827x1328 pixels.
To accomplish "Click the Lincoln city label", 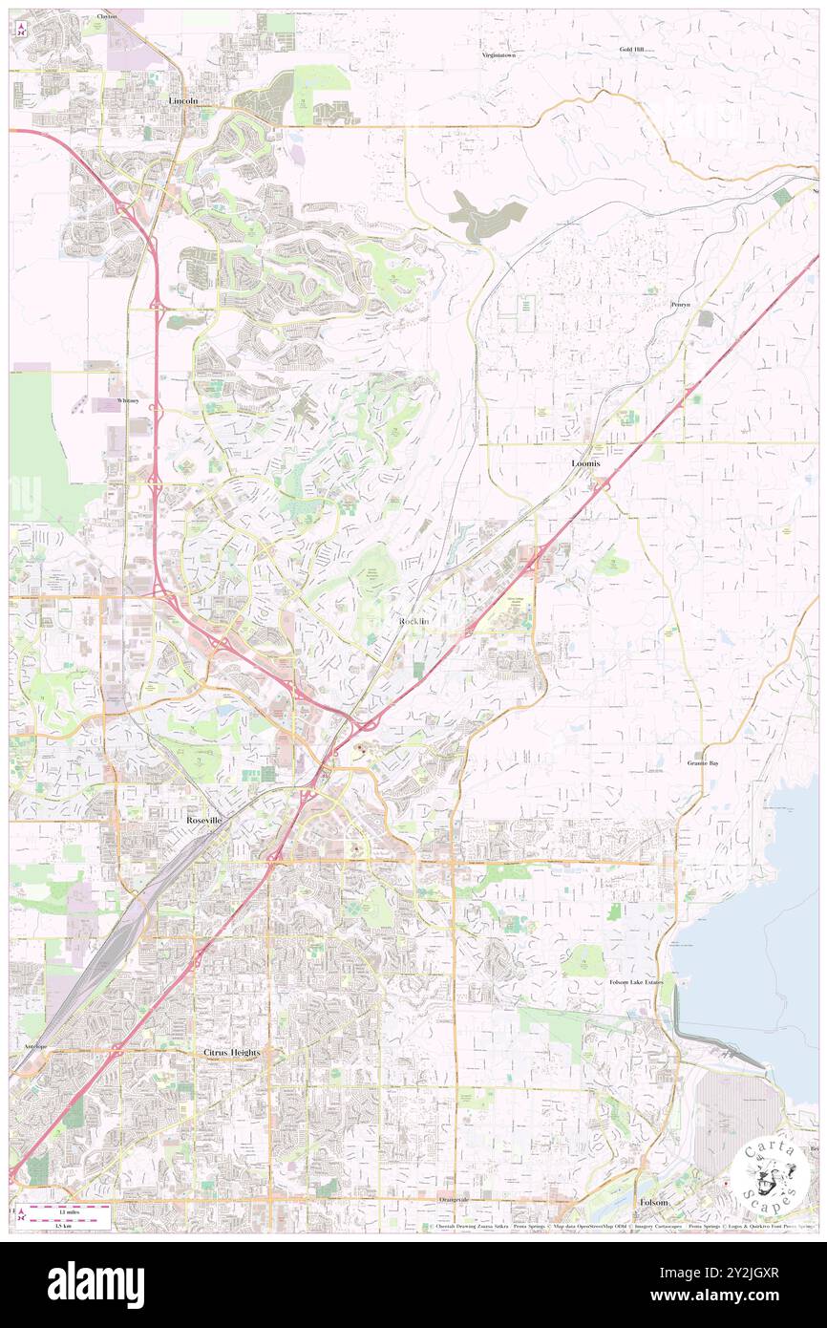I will [183, 99].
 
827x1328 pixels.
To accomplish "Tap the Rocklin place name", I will [414, 621].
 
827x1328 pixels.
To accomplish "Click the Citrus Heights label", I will [231, 1052].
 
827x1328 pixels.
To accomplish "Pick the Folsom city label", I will [653, 1201].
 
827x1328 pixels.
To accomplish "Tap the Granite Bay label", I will [704, 763].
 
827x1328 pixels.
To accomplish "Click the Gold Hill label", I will [632, 49].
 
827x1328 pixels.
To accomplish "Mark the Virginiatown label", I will [502, 55].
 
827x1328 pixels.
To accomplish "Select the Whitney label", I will [129, 401].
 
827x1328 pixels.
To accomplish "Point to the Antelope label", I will [35, 1047].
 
